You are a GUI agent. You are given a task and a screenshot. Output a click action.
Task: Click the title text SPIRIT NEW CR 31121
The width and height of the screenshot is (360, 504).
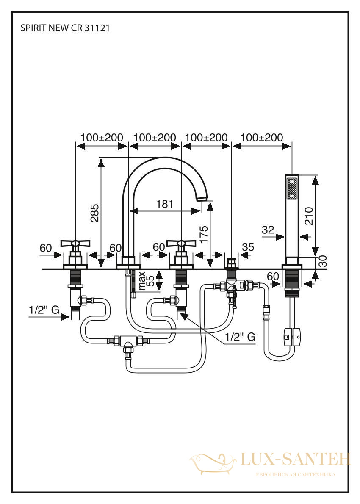click(x=65, y=28)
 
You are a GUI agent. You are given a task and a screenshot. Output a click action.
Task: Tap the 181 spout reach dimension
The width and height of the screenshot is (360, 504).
click(x=165, y=204)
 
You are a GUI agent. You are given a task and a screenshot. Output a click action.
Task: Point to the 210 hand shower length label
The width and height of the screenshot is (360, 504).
click(x=309, y=216)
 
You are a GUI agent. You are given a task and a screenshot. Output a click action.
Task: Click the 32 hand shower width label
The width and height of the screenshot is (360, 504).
click(x=268, y=230)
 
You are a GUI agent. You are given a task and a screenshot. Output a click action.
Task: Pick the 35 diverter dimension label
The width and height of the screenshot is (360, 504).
click(x=248, y=247)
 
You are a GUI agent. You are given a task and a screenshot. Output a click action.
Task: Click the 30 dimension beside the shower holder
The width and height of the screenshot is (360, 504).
click(x=323, y=262)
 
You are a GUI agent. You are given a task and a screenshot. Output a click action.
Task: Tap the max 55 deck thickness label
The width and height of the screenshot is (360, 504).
click(x=146, y=281)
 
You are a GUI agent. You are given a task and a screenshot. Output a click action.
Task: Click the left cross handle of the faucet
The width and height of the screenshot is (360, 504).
click(x=75, y=244)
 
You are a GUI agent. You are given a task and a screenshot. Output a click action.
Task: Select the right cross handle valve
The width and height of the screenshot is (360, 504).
click(x=182, y=244)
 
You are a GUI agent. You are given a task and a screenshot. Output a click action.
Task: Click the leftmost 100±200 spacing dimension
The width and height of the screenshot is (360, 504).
click(x=102, y=138)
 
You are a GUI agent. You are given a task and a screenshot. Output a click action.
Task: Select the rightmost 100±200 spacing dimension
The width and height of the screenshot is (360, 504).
click(x=262, y=138)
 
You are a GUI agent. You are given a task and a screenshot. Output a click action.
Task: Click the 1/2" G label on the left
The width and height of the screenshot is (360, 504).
click(x=44, y=310)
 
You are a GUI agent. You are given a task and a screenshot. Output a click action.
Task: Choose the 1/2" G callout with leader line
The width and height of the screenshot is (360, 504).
click(x=240, y=337)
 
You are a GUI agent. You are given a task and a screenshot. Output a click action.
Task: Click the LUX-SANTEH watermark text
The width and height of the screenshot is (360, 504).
click(x=295, y=459)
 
